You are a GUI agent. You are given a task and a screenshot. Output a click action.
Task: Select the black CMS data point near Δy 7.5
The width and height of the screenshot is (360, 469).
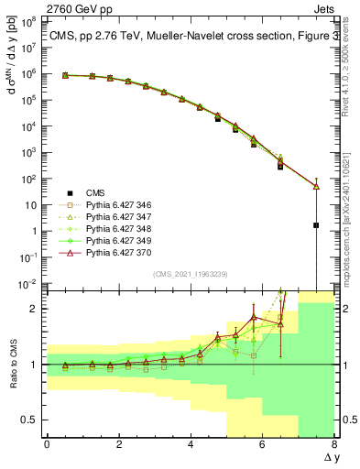tap(316, 225)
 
